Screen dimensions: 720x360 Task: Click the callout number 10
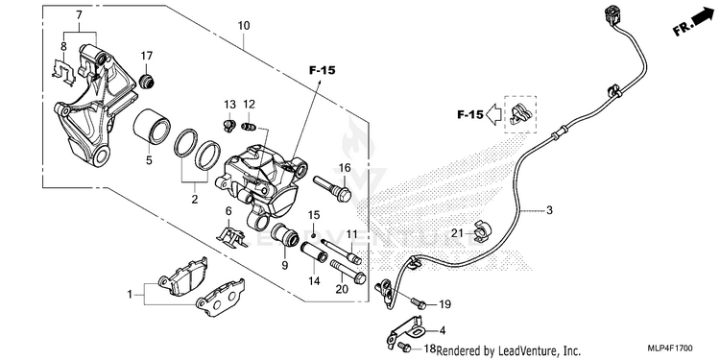pos(244,26)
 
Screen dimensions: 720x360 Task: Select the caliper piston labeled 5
pos(152,125)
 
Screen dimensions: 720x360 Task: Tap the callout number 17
pos(147,56)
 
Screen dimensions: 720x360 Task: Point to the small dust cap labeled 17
pos(147,81)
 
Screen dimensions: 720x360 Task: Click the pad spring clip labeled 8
pos(63,72)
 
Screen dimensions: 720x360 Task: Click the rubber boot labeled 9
pos(285,234)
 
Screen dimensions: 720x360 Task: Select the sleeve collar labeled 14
pos(314,252)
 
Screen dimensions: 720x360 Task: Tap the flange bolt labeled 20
pos(347,272)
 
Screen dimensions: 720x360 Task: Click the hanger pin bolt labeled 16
pos(332,188)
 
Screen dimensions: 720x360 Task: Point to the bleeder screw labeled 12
pos(248,127)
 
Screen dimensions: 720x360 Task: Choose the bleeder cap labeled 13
pos(229,126)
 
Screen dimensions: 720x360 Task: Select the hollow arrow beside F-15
pos(492,115)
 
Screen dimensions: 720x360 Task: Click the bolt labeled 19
pos(419,302)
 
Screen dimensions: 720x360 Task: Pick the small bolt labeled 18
pos(404,346)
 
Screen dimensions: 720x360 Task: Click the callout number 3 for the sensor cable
pos(549,211)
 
